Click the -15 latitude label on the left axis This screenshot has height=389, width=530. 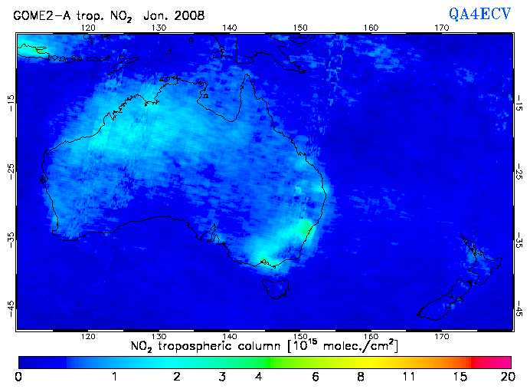point(11,102)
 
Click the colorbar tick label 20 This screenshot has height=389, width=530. point(505,377)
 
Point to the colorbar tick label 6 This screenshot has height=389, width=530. point(315,377)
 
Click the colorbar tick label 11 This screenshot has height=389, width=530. point(410,377)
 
